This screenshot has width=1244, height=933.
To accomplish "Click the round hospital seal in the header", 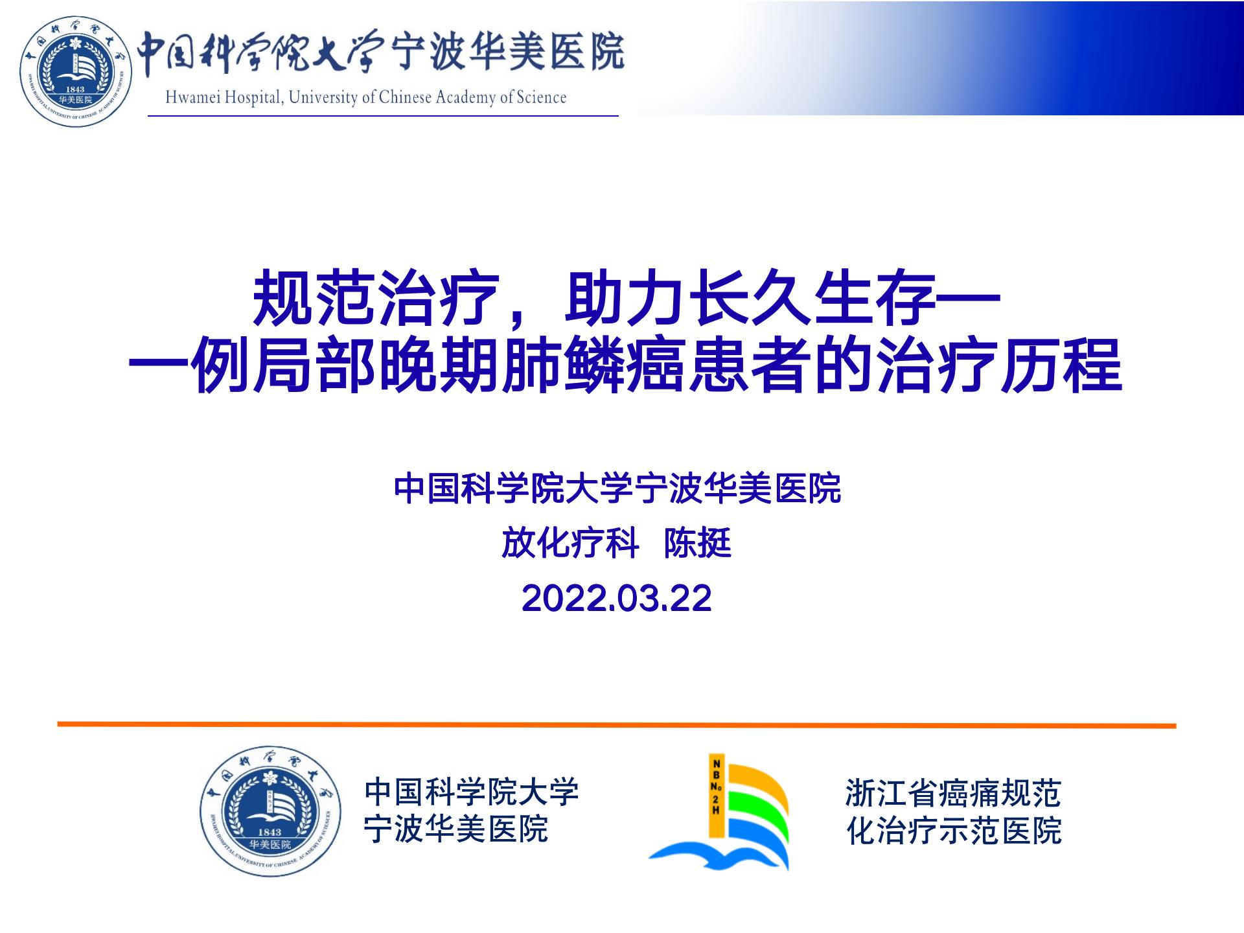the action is click(76, 71).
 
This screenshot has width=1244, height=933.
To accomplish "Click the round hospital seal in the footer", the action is click(270, 811).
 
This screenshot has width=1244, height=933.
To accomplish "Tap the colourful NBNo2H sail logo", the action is click(719, 813).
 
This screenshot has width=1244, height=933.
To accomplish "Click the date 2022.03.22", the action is click(616, 598).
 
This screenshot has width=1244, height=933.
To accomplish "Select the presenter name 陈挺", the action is click(698, 543).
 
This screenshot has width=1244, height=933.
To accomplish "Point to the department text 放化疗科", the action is click(570, 543).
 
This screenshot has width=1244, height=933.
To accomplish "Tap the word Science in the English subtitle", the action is click(542, 97).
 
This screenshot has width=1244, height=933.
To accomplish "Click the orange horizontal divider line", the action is click(617, 725).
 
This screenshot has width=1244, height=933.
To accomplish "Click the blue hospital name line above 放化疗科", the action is click(617, 489).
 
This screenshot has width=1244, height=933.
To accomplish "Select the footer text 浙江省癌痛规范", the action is click(953, 793).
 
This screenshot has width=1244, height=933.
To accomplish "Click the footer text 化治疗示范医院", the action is click(954, 831).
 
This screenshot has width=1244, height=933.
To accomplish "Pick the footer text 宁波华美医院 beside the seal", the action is click(456, 829).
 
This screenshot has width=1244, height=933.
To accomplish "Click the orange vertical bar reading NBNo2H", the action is click(716, 796).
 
